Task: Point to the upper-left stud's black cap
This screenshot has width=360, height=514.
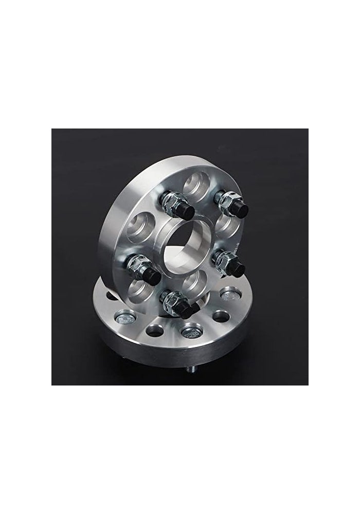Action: pyautogui.click(x=185, y=211)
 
